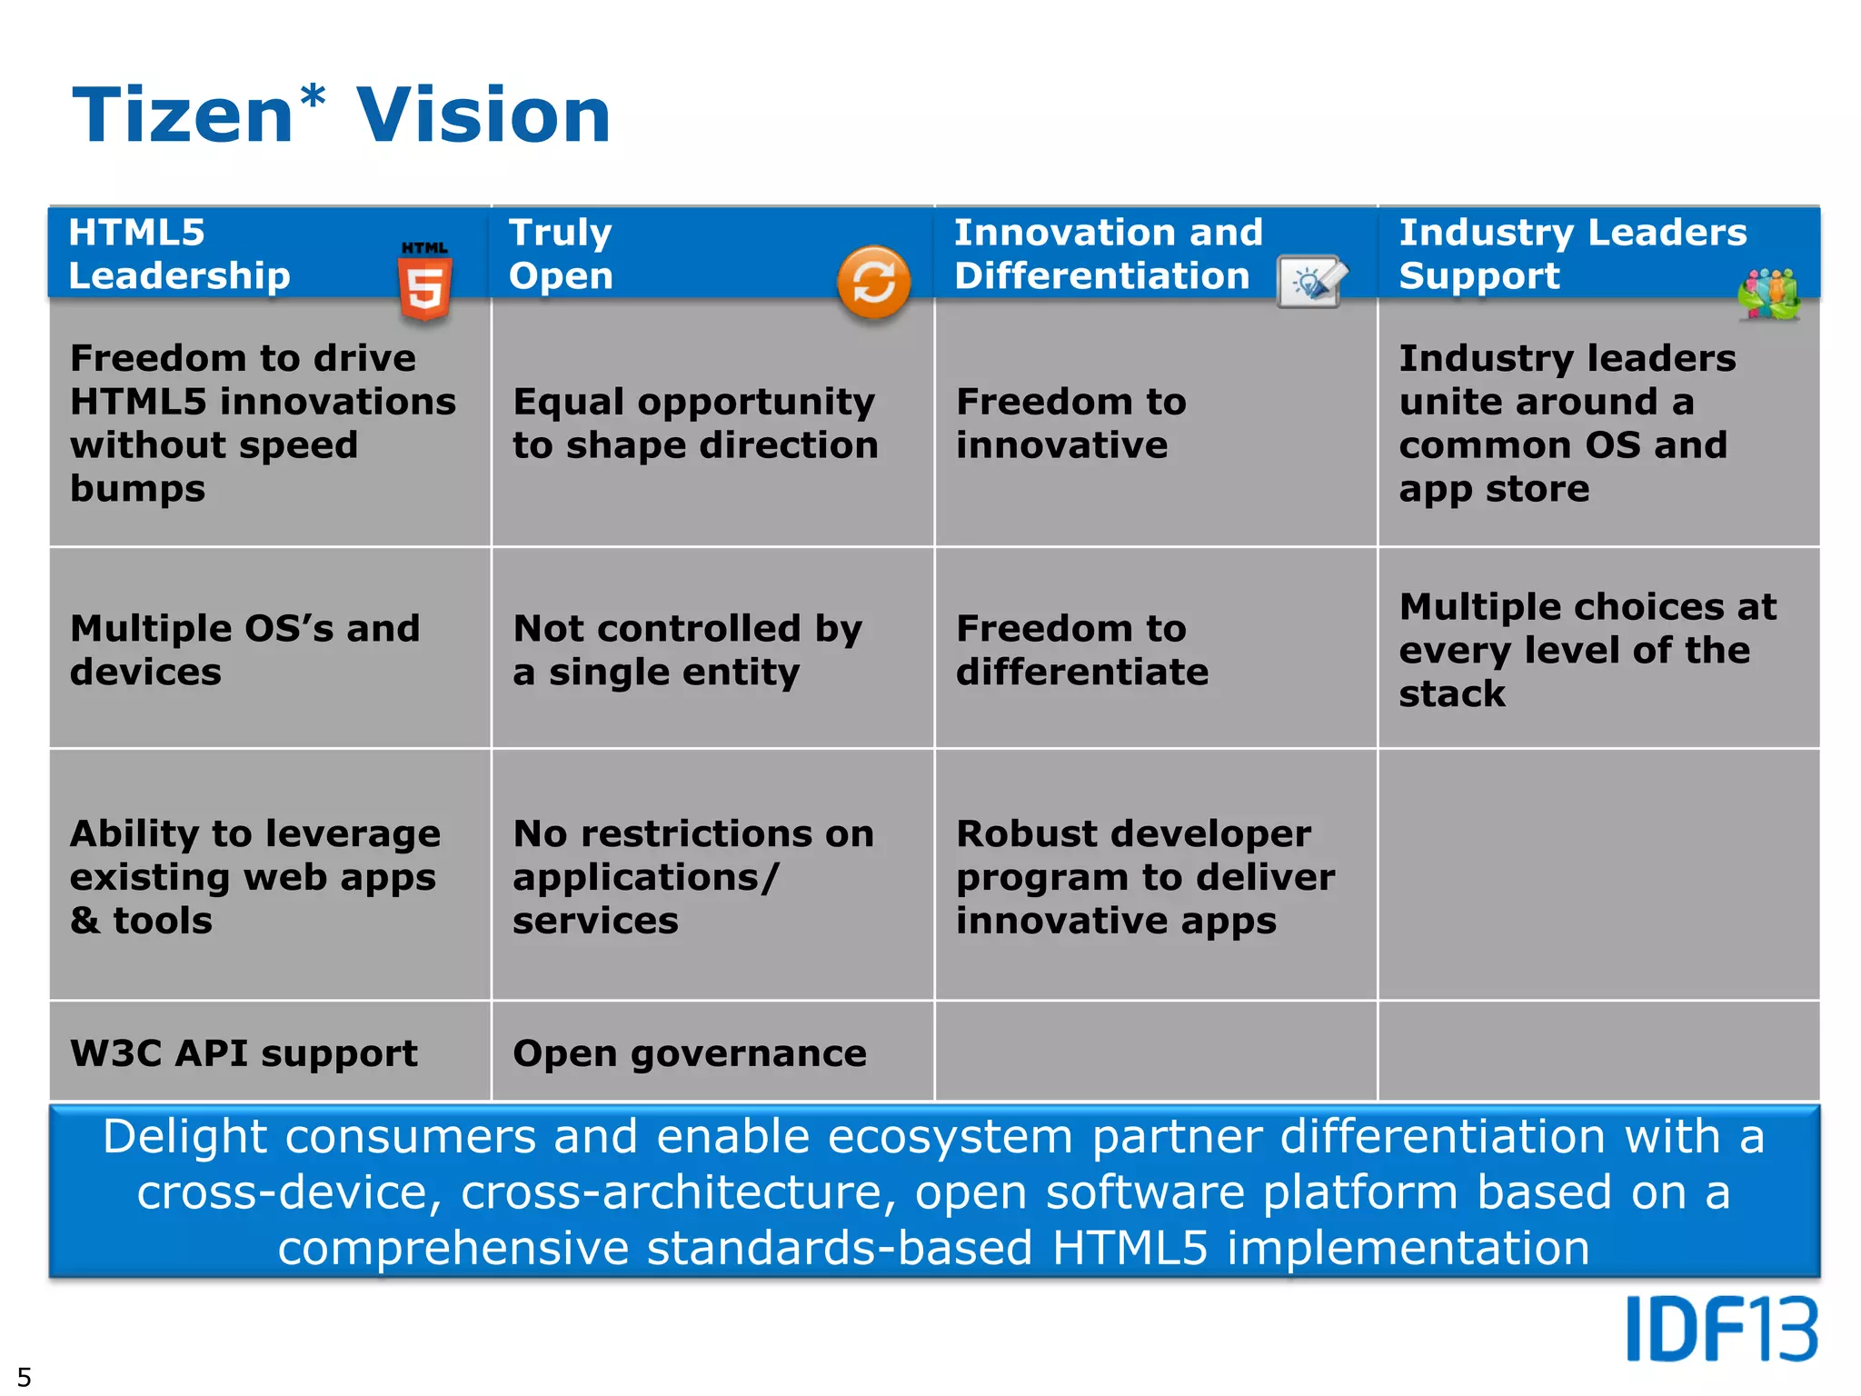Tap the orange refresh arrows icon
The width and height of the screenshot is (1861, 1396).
873,283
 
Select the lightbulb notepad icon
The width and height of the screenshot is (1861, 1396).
1311,283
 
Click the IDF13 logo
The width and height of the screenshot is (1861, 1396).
1721,1329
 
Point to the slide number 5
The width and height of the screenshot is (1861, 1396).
25,1376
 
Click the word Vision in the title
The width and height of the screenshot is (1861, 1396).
483,116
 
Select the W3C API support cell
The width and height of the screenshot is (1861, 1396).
244,1053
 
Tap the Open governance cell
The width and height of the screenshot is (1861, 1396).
690,1053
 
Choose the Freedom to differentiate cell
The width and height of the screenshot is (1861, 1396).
1081,650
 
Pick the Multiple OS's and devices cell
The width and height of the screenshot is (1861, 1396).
244,650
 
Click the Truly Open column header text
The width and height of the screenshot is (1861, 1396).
561,254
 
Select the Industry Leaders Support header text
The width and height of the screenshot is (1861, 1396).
1572,254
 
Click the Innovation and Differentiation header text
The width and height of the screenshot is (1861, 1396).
1107,254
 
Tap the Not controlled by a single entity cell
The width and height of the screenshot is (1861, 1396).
686,650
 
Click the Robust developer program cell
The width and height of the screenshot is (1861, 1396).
1145,876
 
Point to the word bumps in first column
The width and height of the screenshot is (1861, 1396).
138,489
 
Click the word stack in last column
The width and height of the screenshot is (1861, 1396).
1452,693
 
